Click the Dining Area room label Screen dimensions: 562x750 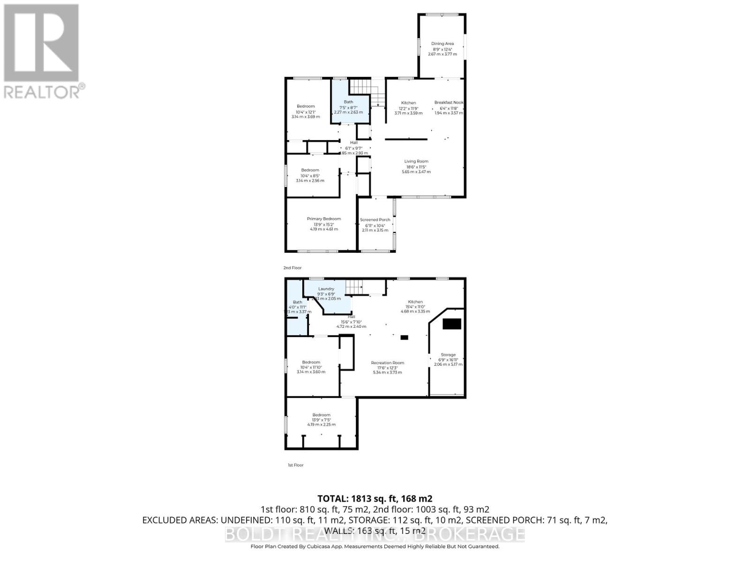[x=442, y=44]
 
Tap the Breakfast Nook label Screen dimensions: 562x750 [x=449, y=103]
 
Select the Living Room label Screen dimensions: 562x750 [x=416, y=162]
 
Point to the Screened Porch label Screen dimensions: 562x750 [x=375, y=220]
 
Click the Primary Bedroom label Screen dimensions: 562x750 [x=324, y=219]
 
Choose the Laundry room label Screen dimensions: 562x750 [x=326, y=289]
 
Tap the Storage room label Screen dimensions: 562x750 [x=448, y=355]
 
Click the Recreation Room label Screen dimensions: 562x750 [x=387, y=363]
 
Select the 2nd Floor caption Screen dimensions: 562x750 [x=292, y=268]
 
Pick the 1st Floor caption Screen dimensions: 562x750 [x=295, y=465]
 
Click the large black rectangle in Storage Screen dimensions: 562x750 [x=452, y=324]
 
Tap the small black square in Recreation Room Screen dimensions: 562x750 [x=404, y=337]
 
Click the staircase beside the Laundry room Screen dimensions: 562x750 [x=354, y=287]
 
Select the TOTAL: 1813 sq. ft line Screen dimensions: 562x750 [x=375, y=498]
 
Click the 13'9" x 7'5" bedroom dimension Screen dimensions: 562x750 [x=322, y=420]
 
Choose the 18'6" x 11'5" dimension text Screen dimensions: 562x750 [x=416, y=167]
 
